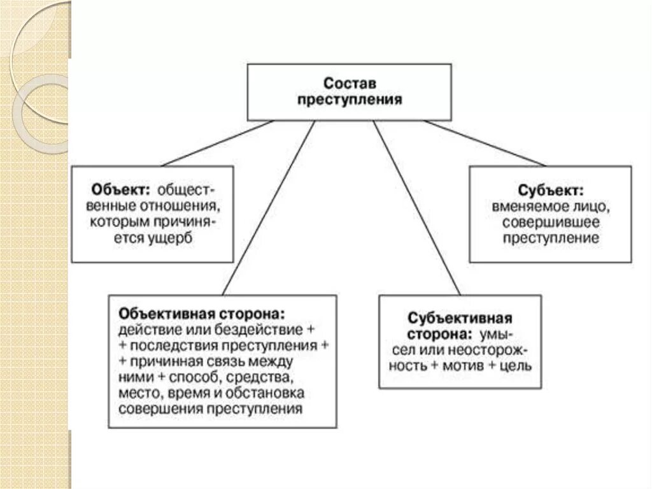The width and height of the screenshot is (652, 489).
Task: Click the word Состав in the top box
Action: click(350, 84)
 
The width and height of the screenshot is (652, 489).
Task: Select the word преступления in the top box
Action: click(350, 100)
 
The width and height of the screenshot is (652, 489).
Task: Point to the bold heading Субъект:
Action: click(550, 191)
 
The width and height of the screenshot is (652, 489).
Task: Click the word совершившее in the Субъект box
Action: click(550, 223)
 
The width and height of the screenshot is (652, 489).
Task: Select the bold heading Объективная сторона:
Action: click(201, 315)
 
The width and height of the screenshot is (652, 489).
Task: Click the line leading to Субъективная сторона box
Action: click(417, 207)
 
